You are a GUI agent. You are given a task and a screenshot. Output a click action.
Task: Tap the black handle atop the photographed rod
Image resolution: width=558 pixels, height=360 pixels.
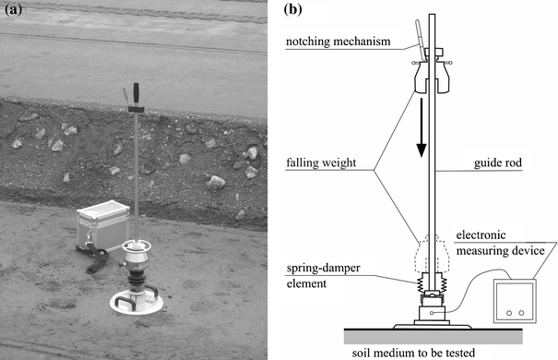(x=133, y=95)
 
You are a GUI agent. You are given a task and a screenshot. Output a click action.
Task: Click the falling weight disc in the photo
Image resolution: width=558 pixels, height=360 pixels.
(x=138, y=247)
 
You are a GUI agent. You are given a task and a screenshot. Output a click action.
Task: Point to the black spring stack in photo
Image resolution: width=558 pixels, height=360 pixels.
(x=138, y=277)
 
